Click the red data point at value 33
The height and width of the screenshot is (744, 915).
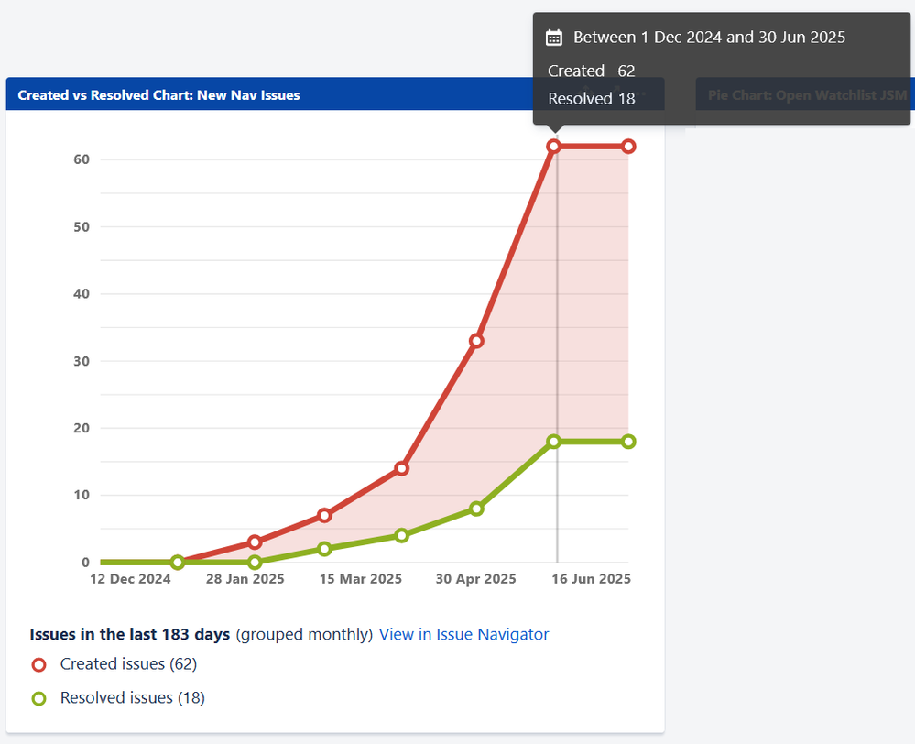click(x=476, y=341)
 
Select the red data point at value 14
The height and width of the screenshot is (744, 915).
click(x=401, y=468)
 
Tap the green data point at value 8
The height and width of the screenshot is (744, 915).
click(x=476, y=509)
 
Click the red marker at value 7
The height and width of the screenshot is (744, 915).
click(x=324, y=515)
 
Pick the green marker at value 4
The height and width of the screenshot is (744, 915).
click(x=401, y=535)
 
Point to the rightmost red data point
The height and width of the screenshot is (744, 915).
click(x=628, y=147)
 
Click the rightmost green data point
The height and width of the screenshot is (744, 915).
click(x=628, y=442)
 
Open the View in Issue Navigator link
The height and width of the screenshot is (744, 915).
click(x=463, y=634)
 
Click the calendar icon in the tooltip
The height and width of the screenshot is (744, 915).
click(x=553, y=38)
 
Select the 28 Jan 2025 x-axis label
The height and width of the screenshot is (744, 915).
click(x=245, y=579)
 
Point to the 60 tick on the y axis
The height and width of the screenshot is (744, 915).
click(x=82, y=159)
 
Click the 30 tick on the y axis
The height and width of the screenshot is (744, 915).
click(x=82, y=361)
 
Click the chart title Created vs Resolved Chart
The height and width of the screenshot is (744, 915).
click(x=158, y=94)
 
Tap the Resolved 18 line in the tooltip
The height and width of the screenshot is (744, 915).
click(x=591, y=99)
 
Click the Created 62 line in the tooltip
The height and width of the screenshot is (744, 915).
click(x=591, y=71)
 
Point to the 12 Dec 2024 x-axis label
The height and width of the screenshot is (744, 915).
click(x=129, y=579)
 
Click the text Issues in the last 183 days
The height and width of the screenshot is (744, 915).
click(x=130, y=634)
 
